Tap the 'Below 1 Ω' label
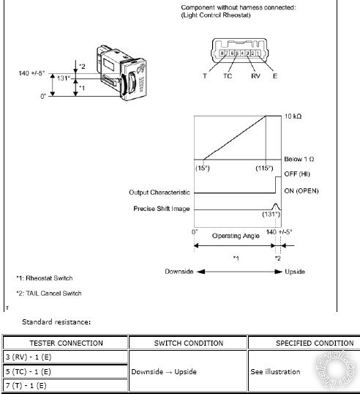(x=299, y=160)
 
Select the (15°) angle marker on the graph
(x=203, y=168)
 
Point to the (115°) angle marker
(x=264, y=168)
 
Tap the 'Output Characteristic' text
(x=160, y=192)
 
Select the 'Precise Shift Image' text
(x=162, y=209)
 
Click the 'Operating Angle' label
(x=236, y=236)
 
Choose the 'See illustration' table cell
(x=274, y=371)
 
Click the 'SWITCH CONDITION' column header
(x=187, y=343)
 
